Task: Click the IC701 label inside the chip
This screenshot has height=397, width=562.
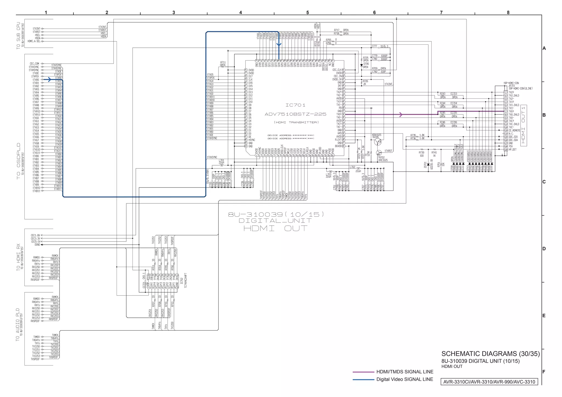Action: click(295, 105)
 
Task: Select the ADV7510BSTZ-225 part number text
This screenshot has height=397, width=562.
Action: click(295, 114)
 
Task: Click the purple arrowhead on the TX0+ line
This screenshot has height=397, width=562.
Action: click(401, 115)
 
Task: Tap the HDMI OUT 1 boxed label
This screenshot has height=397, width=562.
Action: click(523, 125)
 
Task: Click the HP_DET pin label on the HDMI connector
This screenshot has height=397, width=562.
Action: click(512, 150)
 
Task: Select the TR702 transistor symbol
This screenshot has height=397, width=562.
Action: click(379, 153)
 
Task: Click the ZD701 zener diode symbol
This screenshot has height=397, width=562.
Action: click(428, 164)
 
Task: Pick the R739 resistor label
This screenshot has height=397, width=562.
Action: click(421, 152)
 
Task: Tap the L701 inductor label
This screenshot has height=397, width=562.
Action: click(221, 160)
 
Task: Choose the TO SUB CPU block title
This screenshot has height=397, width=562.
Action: click(18, 36)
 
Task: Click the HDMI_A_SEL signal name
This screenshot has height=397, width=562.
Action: click(34, 41)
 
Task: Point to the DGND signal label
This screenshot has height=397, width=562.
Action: click(37, 245)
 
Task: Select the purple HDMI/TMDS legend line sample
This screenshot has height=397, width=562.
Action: click(363, 372)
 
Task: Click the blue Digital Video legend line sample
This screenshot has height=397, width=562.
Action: click(363, 380)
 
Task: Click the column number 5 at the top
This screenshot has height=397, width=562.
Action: click(307, 13)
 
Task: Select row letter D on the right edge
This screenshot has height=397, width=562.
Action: click(544, 249)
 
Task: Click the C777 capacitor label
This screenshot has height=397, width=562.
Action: click(374, 46)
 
